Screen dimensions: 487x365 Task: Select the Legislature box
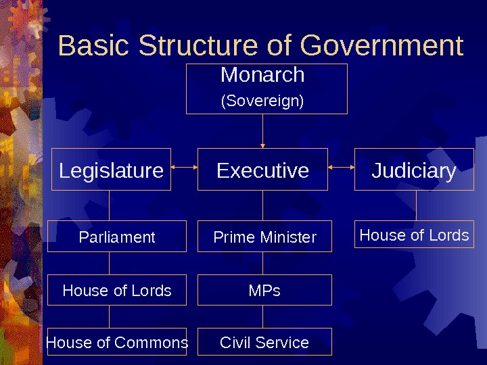coord(111,170)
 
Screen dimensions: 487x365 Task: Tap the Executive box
coord(262,170)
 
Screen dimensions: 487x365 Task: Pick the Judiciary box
coord(414,170)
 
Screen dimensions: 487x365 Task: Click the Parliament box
coord(117,237)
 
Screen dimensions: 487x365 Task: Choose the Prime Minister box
coord(264,237)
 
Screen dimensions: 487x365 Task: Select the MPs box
coord(264,290)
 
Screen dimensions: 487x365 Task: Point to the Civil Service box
coord(264,342)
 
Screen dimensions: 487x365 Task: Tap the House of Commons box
coord(117,343)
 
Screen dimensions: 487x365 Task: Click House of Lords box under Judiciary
coord(414,235)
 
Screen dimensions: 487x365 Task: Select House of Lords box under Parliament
coord(117,290)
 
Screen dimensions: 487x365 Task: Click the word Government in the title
coord(381,46)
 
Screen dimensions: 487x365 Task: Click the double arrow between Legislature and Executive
coord(184,165)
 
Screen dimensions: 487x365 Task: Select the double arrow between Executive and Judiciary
coord(341,165)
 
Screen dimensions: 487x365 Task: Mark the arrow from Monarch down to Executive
coord(262,131)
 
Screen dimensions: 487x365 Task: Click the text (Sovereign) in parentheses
coord(262,101)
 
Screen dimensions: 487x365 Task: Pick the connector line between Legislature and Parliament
coord(109,205)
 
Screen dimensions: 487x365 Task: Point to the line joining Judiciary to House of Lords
coord(416,205)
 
